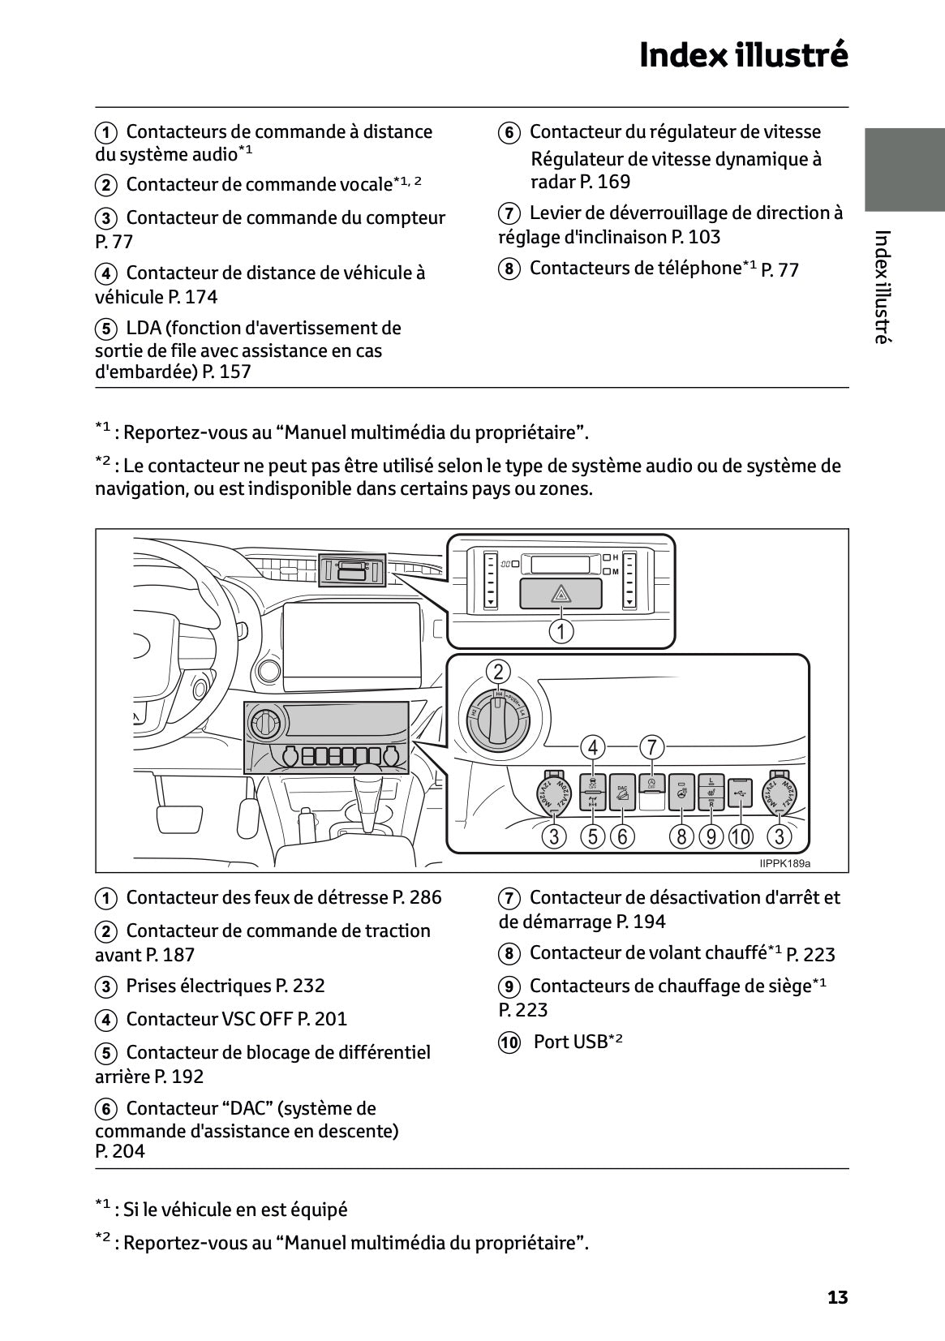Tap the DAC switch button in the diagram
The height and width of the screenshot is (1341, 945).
622,792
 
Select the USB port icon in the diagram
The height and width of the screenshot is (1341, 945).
740,793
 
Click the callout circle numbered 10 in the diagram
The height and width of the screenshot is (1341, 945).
741,836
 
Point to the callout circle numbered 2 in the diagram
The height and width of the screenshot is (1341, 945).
498,672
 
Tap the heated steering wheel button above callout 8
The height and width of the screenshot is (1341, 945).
681,793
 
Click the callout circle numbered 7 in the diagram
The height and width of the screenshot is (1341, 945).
651,746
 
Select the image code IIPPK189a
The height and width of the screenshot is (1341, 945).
784,863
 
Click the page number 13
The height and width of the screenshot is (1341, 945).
837,1297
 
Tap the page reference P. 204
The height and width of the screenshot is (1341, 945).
119,1151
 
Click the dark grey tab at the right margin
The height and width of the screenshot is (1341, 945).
904,169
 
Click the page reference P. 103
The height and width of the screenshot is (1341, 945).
695,237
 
